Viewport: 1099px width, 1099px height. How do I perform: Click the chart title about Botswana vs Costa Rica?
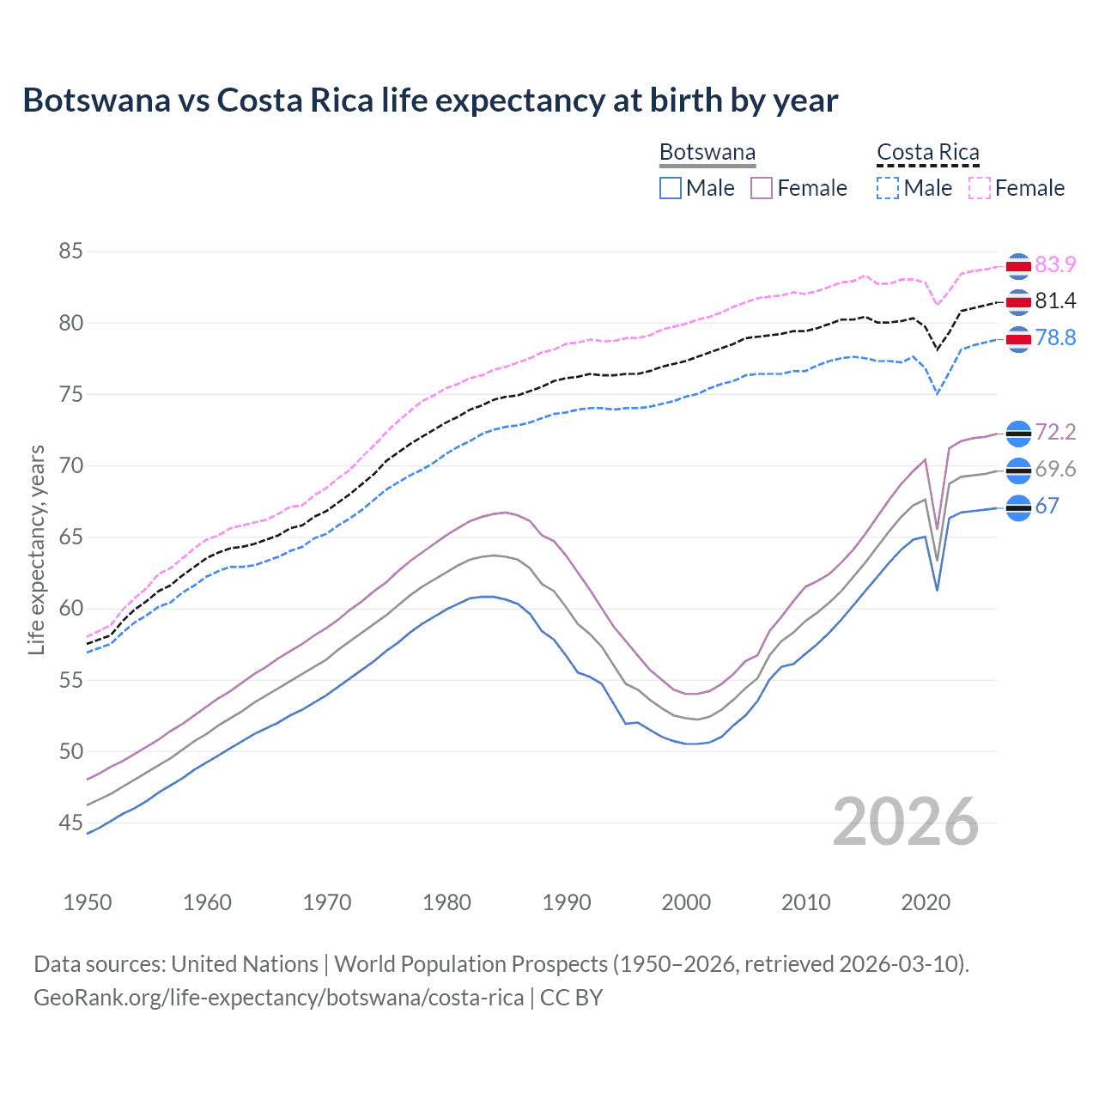click(430, 100)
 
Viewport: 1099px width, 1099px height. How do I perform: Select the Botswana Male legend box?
click(671, 188)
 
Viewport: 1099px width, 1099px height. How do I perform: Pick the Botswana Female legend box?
click(762, 188)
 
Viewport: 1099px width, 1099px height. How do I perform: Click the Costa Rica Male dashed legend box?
click(888, 188)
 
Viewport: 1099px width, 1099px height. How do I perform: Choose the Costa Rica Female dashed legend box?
click(980, 188)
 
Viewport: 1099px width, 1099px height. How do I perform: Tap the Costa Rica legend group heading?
click(927, 152)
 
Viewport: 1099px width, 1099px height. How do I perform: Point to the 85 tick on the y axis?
click(70, 252)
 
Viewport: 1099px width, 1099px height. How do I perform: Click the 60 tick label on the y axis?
click(70, 609)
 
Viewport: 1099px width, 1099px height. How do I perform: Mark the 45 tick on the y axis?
click(70, 823)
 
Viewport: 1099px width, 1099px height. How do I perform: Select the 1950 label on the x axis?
click(88, 902)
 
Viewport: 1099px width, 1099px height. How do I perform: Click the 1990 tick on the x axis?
click(567, 902)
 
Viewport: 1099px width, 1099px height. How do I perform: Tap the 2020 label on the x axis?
click(926, 902)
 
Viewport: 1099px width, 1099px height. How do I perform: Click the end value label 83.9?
click(1055, 264)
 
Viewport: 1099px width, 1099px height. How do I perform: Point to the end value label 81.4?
click(1055, 301)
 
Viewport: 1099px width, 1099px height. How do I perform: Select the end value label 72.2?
click(1055, 432)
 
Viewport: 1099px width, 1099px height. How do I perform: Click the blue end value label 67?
click(1047, 507)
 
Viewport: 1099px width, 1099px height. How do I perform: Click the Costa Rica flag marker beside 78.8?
click(1017, 339)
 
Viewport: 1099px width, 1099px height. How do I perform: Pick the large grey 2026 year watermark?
click(905, 822)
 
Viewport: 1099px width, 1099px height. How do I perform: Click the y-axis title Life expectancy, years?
click(36, 549)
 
